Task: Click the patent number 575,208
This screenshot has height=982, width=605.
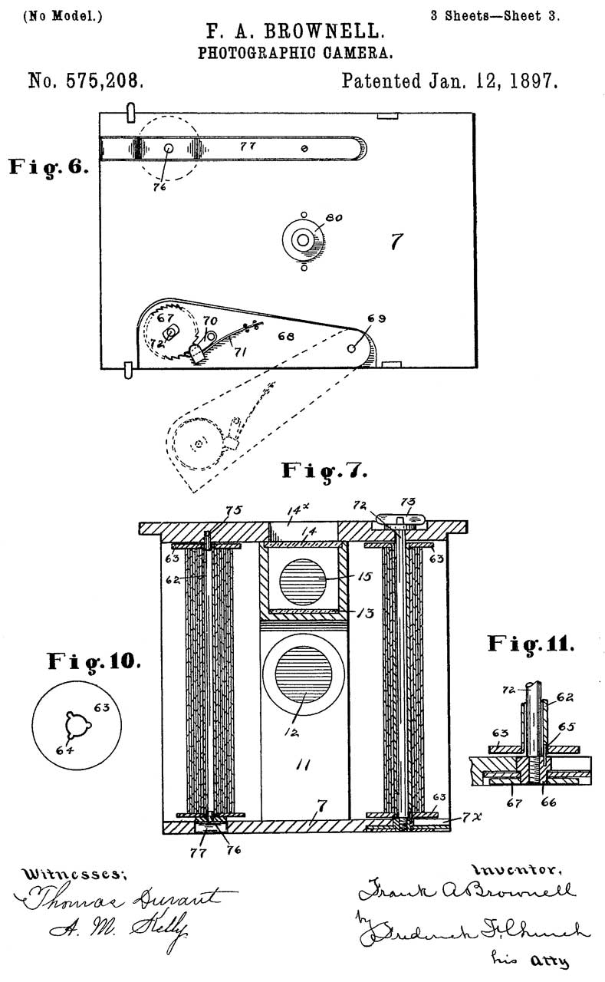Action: tap(85, 81)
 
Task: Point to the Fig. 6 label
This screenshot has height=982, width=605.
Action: tap(48, 166)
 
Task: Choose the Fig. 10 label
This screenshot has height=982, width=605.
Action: tap(94, 660)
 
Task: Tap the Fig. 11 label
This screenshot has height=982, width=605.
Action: tap(530, 643)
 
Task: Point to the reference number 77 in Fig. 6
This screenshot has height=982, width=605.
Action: tap(248, 144)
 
